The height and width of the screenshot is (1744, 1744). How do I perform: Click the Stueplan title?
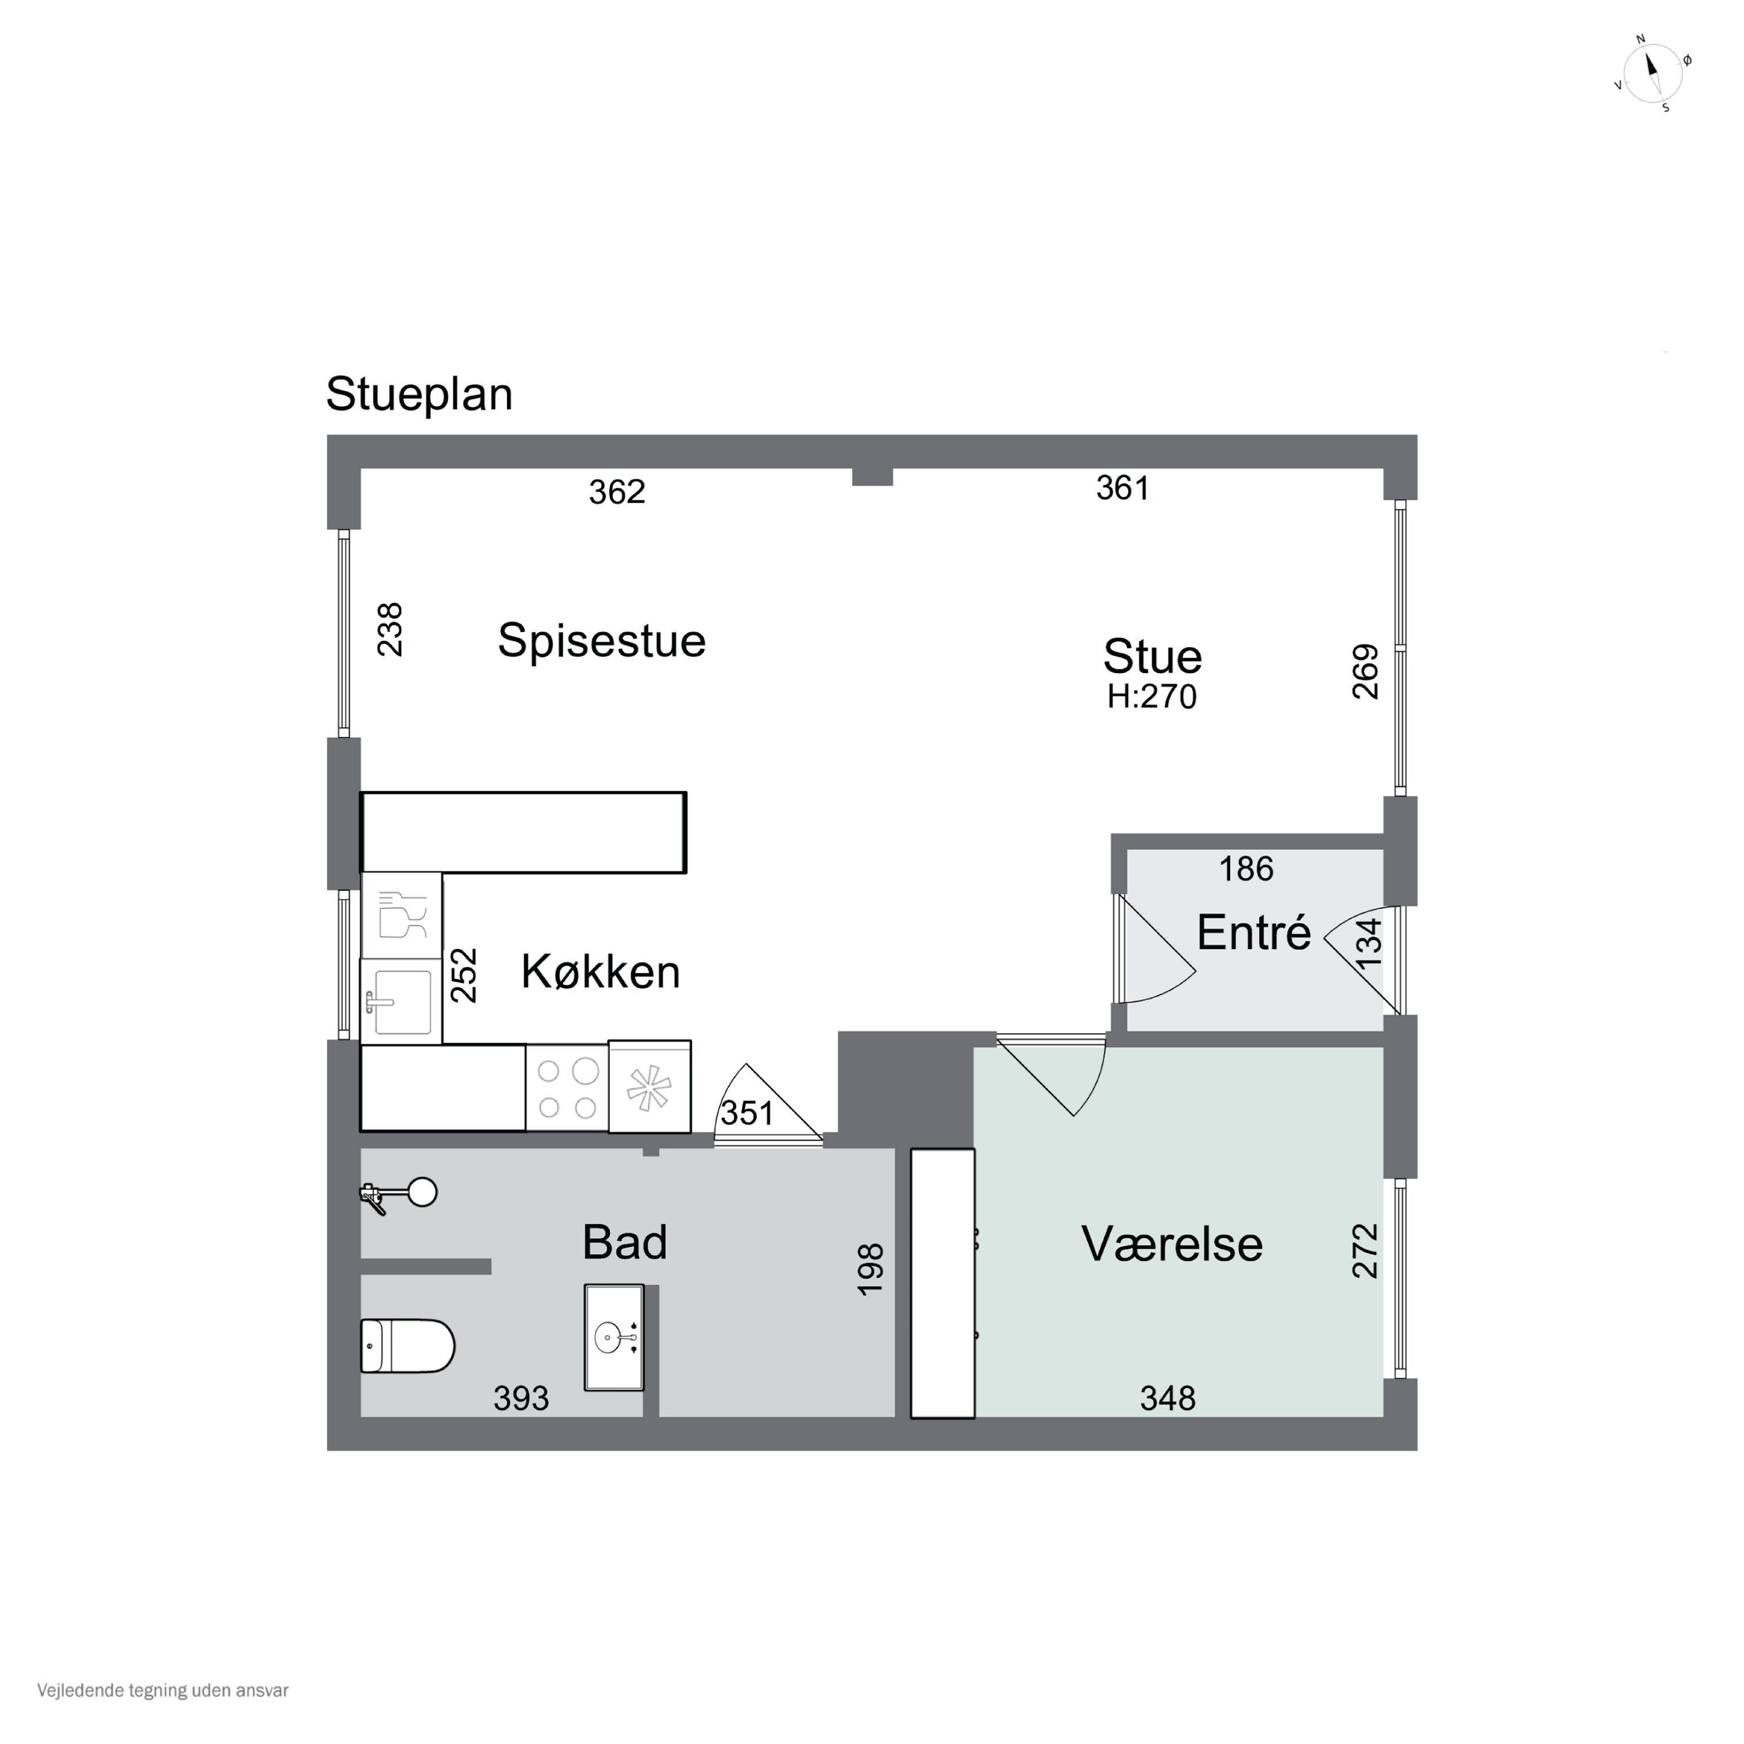click(x=419, y=395)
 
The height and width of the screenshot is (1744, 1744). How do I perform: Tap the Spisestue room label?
click(x=601, y=641)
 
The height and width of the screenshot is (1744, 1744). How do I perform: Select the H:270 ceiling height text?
click(x=1152, y=697)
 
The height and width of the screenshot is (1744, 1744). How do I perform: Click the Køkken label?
click(x=601, y=972)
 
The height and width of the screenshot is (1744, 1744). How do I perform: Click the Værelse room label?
click(x=1172, y=1244)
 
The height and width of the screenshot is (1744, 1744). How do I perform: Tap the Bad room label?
click(x=625, y=1242)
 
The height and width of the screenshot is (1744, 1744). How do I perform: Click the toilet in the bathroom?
click(x=407, y=1346)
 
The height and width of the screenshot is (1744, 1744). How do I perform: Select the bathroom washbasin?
click(x=614, y=1337)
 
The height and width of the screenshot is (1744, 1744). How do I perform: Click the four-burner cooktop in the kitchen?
click(x=567, y=1088)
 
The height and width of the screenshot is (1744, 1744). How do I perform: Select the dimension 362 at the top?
click(x=617, y=492)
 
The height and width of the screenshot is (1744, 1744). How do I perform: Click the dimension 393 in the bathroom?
click(x=521, y=1398)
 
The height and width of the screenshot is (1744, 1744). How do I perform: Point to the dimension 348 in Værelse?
click(x=1167, y=1398)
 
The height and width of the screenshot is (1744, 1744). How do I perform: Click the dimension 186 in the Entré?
click(x=1246, y=869)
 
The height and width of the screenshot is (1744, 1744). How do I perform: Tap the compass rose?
click(x=1652, y=74)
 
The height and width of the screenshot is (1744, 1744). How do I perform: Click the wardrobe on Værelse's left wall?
click(x=942, y=1283)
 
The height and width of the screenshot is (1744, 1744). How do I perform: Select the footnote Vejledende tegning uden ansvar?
click(x=163, y=1690)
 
